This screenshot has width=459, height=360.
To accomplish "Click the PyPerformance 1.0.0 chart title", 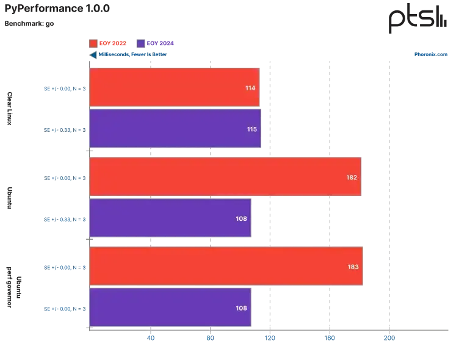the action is point(57,9).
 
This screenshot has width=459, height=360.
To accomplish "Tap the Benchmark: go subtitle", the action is point(29,24).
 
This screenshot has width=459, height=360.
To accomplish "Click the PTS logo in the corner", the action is point(417,19).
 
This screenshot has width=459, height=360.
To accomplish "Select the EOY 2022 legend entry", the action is point(107,43).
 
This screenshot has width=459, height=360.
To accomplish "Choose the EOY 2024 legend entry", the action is point(155,43).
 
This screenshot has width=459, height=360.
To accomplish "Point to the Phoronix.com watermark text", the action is point(430,54).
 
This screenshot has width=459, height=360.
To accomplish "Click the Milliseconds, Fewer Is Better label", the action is point(132,54).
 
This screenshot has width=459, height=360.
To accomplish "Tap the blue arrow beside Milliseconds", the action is point(93,55).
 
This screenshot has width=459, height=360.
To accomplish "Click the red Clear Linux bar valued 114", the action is point(175,87).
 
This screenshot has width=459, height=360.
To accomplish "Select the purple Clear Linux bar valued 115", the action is point(175,129).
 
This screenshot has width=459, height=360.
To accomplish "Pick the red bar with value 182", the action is point(225,176).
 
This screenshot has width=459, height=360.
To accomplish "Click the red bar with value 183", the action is point(226,266).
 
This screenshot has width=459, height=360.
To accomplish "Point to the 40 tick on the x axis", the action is point(151,338).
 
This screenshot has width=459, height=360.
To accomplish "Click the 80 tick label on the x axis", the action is point(210,338).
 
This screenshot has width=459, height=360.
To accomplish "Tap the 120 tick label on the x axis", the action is point(270,338).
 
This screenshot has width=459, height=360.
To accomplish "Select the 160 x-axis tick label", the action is point(330,338).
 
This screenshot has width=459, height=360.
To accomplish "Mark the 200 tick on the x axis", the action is point(389,338).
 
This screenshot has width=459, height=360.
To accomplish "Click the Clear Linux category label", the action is point(10,109).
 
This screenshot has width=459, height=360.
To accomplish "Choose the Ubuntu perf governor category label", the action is point(14,287).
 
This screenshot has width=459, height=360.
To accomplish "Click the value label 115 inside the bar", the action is point(251,129).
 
